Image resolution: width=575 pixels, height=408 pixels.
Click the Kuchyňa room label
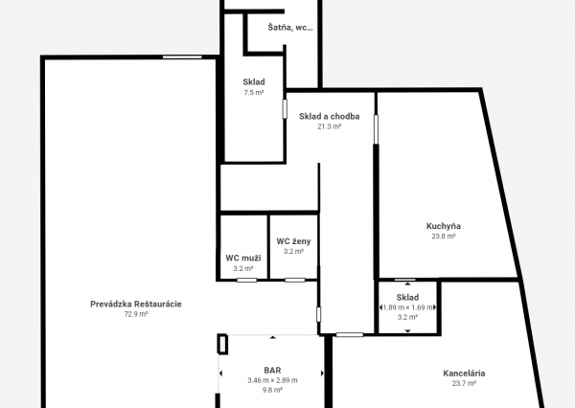(444, 226)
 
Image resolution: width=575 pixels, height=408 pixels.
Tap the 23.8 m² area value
(444, 237)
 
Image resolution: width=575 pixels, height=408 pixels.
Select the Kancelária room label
(464, 374)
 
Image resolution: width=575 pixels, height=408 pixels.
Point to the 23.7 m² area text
(464, 383)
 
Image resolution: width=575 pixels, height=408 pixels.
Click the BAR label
(272, 371)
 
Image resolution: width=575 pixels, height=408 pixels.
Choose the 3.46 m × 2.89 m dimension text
(272, 380)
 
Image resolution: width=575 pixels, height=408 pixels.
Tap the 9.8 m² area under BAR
(272, 390)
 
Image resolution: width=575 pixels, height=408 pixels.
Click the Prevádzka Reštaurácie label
(136, 304)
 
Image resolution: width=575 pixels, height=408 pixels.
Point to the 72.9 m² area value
(136, 314)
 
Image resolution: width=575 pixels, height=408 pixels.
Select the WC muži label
(243, 258)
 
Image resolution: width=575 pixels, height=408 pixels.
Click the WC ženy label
(293, 241)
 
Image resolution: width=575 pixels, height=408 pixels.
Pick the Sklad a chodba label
(329, 116)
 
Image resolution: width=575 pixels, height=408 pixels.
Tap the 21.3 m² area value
(329, 126)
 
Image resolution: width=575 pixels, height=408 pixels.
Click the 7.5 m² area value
(254, 93)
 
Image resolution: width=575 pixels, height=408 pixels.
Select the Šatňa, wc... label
(290, 27)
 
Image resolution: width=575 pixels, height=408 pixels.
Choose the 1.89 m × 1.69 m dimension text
(407, 307)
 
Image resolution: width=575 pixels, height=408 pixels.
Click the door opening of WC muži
(247, 280)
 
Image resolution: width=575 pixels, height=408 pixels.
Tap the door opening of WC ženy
(295, 280)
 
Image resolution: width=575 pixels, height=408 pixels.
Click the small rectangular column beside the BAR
(222, 344)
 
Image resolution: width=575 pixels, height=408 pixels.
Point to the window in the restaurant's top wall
(182, 57)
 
